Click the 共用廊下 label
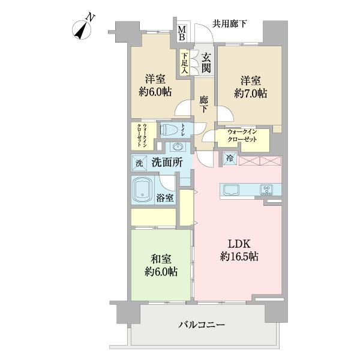(230, 25)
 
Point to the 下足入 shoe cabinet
(185, 62)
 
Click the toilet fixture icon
(173, 130)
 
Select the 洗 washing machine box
(139, 163)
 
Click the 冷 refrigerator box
(230, 158)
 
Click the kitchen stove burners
(266, 191)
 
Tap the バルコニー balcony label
(201, 325)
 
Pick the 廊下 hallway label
(205, 106)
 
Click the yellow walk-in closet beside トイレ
(143, 135)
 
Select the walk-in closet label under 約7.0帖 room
(242, 136)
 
